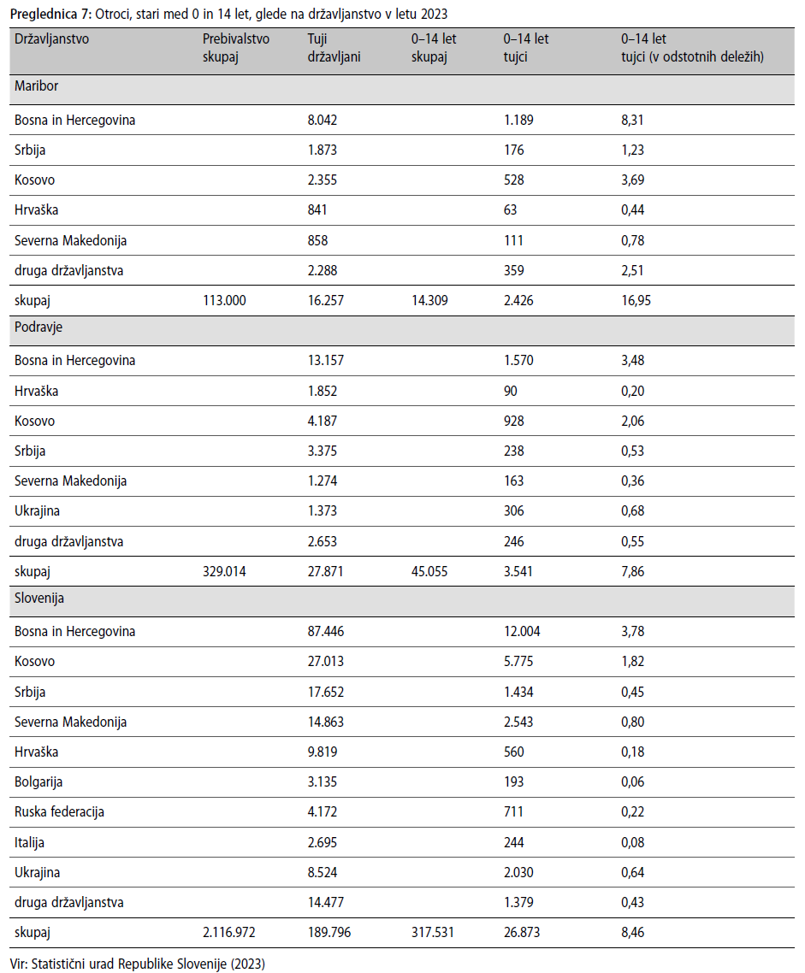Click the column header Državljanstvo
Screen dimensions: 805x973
click(51, 39)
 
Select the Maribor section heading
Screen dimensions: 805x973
click(36, 86)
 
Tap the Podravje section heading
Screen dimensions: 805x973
click(38, 327)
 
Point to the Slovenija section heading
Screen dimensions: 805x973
click(39, 599)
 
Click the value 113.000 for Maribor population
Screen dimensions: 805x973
click(224, 300)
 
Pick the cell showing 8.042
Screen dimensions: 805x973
click(323, 120)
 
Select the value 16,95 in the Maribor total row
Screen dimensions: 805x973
click(636, 300)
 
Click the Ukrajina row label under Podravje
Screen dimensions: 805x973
click(38, 511)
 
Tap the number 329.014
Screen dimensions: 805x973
click(224, 571)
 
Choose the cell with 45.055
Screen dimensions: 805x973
click(429, 571)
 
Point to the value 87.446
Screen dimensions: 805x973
click(325, 632)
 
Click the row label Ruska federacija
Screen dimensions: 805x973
click(59, 812)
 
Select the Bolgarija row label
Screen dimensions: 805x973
click(38, 781)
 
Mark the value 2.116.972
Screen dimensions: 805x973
click(228, 933)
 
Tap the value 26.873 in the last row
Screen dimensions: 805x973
click(521, 933)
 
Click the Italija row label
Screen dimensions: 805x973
click(29, 843)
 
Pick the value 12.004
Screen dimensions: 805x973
click(521, 632)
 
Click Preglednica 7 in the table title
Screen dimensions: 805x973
click(50, 15)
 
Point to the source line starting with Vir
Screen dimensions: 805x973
click(137, 964)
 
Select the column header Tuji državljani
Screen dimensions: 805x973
click(334, 48)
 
